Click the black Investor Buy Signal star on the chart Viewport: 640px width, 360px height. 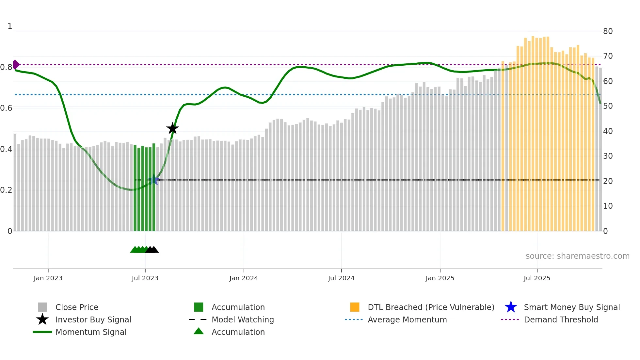(172, 128)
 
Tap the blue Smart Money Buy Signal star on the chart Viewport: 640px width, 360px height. (154, 180)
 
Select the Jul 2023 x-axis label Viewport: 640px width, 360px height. (145, 278)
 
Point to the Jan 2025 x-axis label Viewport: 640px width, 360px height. (440, 278)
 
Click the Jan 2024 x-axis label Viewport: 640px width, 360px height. (244, 278)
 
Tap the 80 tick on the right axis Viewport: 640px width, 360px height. (608, 31)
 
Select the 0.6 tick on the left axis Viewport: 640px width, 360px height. (6, 108)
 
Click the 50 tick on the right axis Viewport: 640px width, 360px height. (608, 106)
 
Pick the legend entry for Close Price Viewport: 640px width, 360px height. (77, 307)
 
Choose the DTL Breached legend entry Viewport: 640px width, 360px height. (431, 307)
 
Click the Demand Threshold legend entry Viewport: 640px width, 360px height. (561, 319)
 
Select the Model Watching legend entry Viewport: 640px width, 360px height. (243, 319)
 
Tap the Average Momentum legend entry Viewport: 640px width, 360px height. (407, 319)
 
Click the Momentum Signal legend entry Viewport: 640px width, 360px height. (91, 332)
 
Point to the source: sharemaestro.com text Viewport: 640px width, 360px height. (577, 256)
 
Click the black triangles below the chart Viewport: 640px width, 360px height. (152, 250)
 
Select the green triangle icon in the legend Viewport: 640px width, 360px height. (199, 331)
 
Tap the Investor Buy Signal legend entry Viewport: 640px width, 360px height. (93, 319)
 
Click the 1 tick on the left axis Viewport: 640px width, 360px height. (10, 26)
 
